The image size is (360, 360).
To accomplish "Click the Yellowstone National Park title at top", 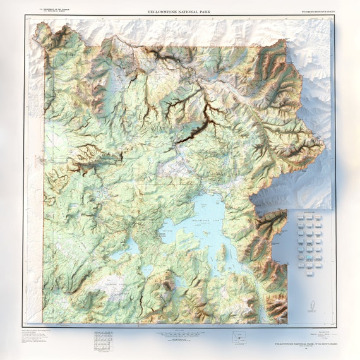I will click(x=180, y=11).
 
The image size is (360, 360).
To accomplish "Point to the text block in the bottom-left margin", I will click(x=41, y=338).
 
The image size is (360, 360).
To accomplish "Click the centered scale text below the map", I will click(x=180, y=335).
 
